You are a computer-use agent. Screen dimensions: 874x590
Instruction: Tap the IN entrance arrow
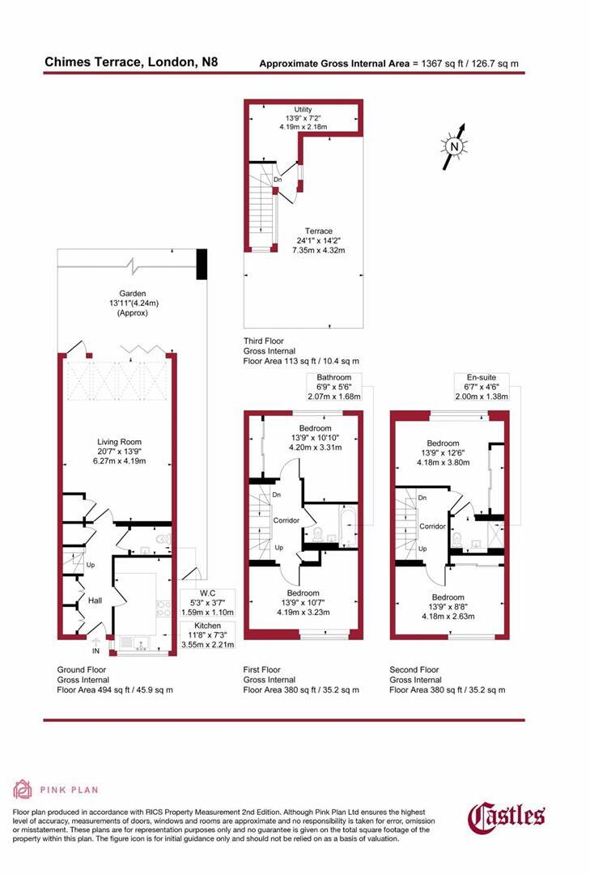coord(96,644)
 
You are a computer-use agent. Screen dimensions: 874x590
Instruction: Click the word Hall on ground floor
coord(95,601)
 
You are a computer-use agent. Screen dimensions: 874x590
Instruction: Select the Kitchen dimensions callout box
coord(206,635)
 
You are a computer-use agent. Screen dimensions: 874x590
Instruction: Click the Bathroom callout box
coord(333,387)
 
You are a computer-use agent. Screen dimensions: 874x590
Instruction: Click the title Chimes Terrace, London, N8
coord(130,62)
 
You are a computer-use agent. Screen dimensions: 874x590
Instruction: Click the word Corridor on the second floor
coord(432,526)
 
